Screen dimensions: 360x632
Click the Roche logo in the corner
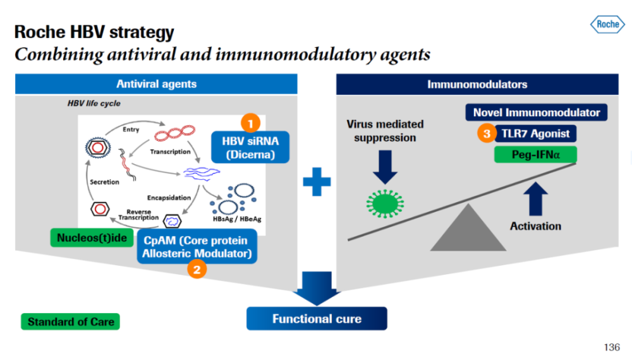[607, 24]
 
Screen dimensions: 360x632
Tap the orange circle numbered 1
[250, 122]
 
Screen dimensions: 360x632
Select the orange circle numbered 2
[197, 270]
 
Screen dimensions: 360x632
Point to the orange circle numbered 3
[486, 133]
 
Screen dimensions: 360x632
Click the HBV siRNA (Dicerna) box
[250, 147]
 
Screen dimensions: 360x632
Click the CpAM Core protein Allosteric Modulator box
[197, 248]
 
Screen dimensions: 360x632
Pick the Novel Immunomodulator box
[537, 112]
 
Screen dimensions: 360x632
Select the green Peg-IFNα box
[536, 154]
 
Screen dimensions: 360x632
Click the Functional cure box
[317, 318]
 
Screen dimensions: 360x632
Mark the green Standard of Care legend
[70, 321]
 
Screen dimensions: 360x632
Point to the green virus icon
[385, 203]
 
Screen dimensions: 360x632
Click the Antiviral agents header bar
[156, 84]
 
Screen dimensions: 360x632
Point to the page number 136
[611, 347]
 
